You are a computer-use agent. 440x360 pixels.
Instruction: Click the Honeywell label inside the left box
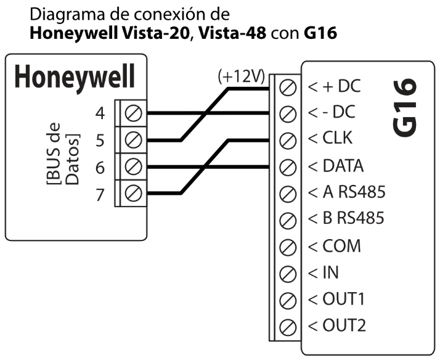click(75, 78)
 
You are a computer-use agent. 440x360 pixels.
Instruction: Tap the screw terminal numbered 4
click(134, 113)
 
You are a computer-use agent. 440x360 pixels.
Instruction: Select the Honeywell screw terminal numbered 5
click(134, 140)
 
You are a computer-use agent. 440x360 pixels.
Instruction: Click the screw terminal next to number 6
click(134, 167)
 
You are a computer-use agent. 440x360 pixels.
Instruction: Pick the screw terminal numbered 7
click(134, 194)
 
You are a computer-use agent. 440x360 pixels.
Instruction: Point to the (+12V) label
click(241, 77)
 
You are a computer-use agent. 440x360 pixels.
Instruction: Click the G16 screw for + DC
click(285, 87)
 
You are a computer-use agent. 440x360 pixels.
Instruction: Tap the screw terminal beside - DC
click(285, 113)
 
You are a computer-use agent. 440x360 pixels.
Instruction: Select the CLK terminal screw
click(285, 140)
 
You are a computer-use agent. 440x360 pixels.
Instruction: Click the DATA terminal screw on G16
click(285, 166)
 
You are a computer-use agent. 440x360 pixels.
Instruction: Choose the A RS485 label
click(346, 192)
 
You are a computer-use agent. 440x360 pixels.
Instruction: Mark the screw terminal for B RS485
click(285, 219)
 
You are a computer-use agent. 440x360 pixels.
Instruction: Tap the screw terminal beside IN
click(285, 272)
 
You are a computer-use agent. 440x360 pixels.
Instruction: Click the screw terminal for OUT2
click(285, 325)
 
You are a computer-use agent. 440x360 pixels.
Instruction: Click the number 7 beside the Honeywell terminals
click(100, 194)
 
